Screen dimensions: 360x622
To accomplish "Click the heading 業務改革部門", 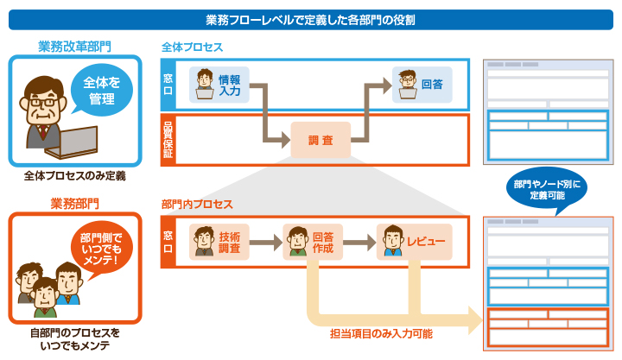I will click(x=74, y=45).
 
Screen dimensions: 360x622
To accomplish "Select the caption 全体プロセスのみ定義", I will click(x=74, y=176).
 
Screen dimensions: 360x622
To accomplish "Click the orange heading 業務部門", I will click(x=74, y=204).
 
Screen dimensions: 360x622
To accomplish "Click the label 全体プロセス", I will click(x=192, y=45).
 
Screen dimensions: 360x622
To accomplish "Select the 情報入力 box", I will click(x=219, y=85).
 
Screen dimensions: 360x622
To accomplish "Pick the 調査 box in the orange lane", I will click(x=321, y=140).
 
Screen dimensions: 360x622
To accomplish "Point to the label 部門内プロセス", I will click(x=197, y=205).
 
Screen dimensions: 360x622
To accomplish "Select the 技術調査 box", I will click(x=220, y=242).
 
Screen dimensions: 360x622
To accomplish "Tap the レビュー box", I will click(x=414, y=242).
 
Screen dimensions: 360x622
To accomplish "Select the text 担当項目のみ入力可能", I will click(x=381, y=332).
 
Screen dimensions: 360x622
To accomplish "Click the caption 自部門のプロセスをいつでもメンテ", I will click(x=74, y=339).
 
